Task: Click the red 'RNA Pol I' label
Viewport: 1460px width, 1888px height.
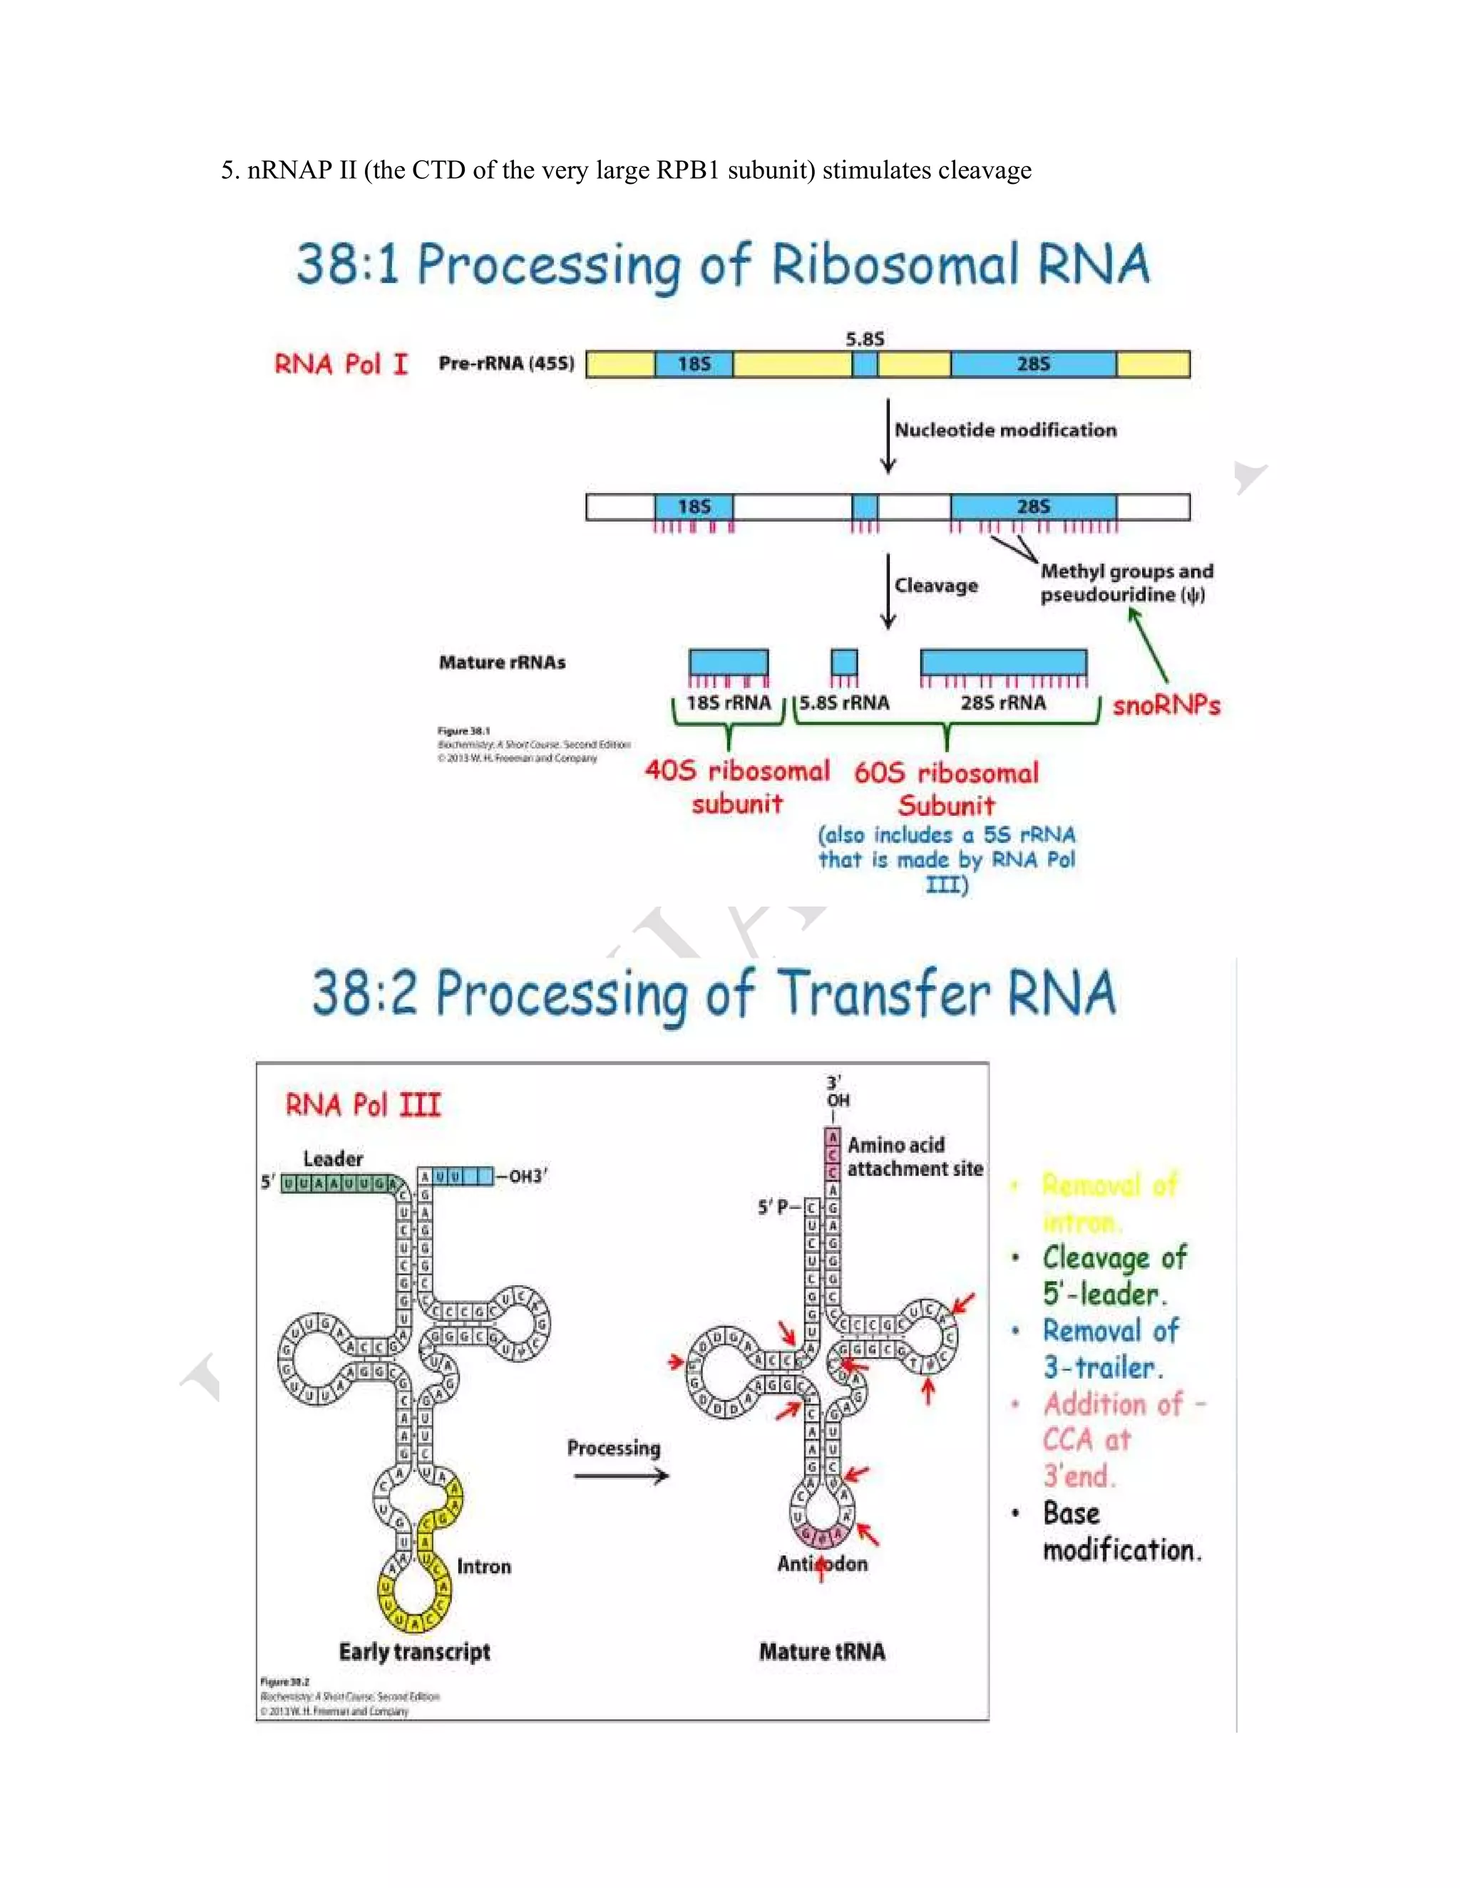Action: point(341,364)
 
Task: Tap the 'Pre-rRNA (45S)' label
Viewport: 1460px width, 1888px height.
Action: point(506,363)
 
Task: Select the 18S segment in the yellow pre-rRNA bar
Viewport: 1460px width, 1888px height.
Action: point(694,364)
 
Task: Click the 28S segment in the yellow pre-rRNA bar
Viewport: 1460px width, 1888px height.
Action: point(1033,364)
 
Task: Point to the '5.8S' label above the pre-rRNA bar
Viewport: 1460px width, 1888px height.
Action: point(865,339)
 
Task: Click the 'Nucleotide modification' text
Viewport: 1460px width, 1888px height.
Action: point(1005,430)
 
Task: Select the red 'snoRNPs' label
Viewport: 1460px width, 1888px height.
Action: point(1166,705)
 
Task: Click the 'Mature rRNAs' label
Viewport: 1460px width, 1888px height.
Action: point(502,662)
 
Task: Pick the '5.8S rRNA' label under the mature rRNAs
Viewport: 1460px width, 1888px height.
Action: point(844,702)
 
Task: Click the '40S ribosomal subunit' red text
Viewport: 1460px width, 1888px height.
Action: point(737,787)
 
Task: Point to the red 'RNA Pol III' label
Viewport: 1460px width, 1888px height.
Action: point(364,1105)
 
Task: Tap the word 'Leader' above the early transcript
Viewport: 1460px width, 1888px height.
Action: point(333,1158)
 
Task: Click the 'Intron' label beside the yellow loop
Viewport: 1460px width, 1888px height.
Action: point(483,1567)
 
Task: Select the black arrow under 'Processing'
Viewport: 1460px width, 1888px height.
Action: point(620,1475)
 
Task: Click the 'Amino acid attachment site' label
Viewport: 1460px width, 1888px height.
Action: point(914,1156)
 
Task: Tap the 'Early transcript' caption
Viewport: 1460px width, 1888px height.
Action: point(414,1652)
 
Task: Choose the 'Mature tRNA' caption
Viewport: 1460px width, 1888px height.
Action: point(822,1652)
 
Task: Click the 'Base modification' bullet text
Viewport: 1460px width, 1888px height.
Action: point(1121,1531)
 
